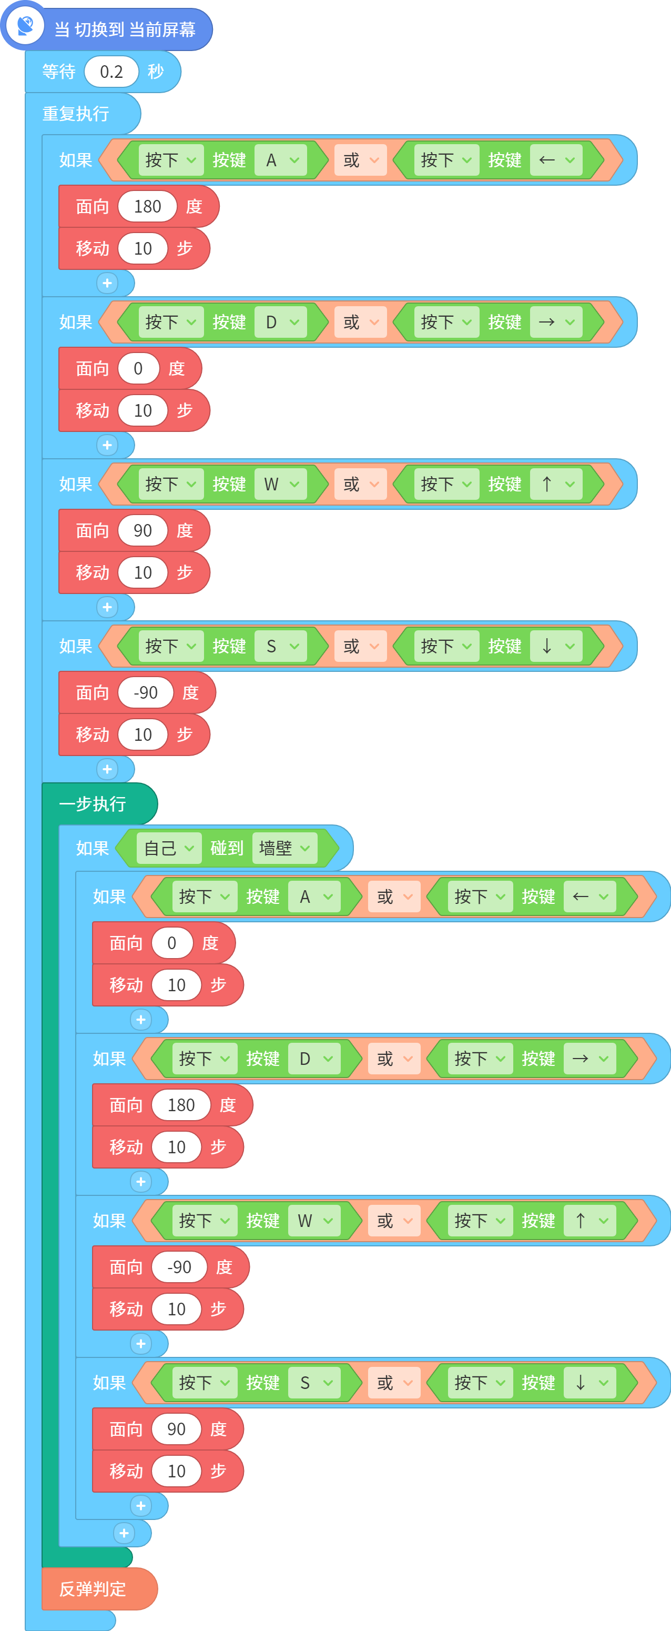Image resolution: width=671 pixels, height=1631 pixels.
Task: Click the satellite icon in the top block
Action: pyautogui.click(x=25, y=26)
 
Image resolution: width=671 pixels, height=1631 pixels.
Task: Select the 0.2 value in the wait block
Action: pyautogui.click(x=111, y=72)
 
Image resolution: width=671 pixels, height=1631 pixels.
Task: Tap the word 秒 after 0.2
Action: pyautogui.click(x=156, y=72)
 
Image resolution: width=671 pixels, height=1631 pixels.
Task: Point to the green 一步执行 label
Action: pyautogui.click(x=93, y=803)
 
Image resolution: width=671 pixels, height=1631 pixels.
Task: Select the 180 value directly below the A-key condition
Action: pyautogui.click(x=147, y=206)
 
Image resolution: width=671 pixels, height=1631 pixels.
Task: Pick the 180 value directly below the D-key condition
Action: pyautogui.click(x=181, y=1105)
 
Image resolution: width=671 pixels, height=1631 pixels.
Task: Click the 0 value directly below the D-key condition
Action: pyautogui.click(x=138, y=368)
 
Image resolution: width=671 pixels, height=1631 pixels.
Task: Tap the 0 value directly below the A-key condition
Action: pyautogui.click(x=171, y=943)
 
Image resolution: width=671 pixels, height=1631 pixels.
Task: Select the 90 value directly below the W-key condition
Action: pyautogui.click(x=143, y=530)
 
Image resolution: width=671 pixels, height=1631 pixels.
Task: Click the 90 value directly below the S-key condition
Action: pyautogui.click(x=176, y=1429)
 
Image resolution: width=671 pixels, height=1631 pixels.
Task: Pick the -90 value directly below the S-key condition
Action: pyautogui.click(x=146, y=693)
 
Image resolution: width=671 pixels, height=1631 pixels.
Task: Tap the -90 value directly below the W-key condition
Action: pyautogui.click(x=179, y=1267)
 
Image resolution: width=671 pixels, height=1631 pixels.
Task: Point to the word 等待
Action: pyautogui.click(x=59, y=72)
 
